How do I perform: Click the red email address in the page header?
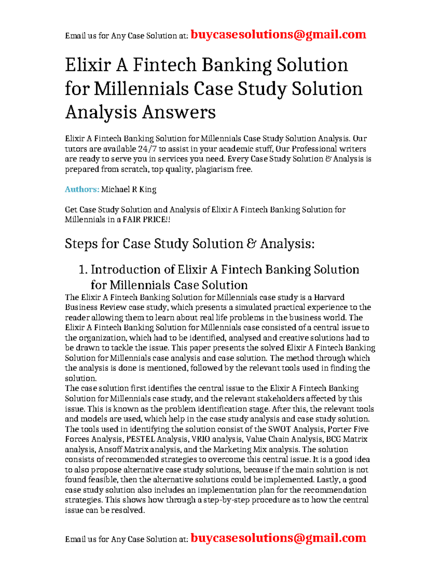(x=279, y=35)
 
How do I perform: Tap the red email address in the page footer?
(x=279, y=538)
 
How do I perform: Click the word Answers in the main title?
(x=179, y=112)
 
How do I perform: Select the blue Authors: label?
(x=82, y=189)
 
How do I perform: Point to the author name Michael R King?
(x=129, y=189)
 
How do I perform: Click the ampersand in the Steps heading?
(x=251, y=244)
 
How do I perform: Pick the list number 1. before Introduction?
(x=83, y=270)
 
